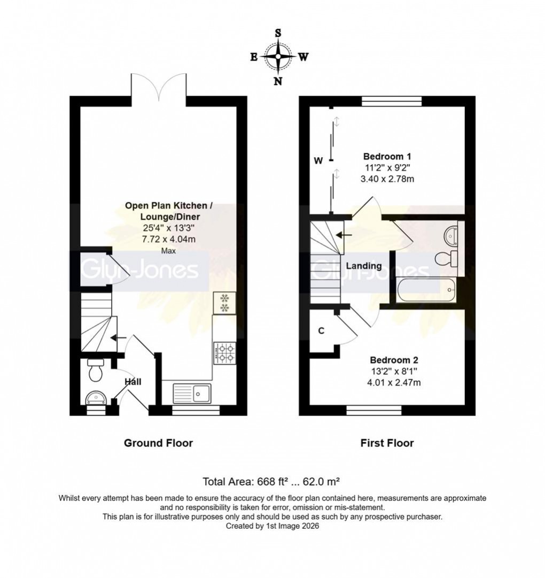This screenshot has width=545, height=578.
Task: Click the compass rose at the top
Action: (278, 56)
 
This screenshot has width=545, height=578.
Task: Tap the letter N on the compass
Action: (278, 81)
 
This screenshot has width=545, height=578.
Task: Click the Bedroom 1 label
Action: (387, 157)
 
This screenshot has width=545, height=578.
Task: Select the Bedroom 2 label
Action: (387, 359)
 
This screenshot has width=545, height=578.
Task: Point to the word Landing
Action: (364, 266)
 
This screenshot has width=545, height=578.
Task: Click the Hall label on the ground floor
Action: (133, 382)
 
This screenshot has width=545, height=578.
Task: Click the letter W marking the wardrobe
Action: (318, 160)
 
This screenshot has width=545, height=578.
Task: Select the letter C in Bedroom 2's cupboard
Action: (321, 330)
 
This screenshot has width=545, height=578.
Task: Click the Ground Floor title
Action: (158, 443)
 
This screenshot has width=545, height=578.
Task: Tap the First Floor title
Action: (387, 443)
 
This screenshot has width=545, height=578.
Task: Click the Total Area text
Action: (272, 480)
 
